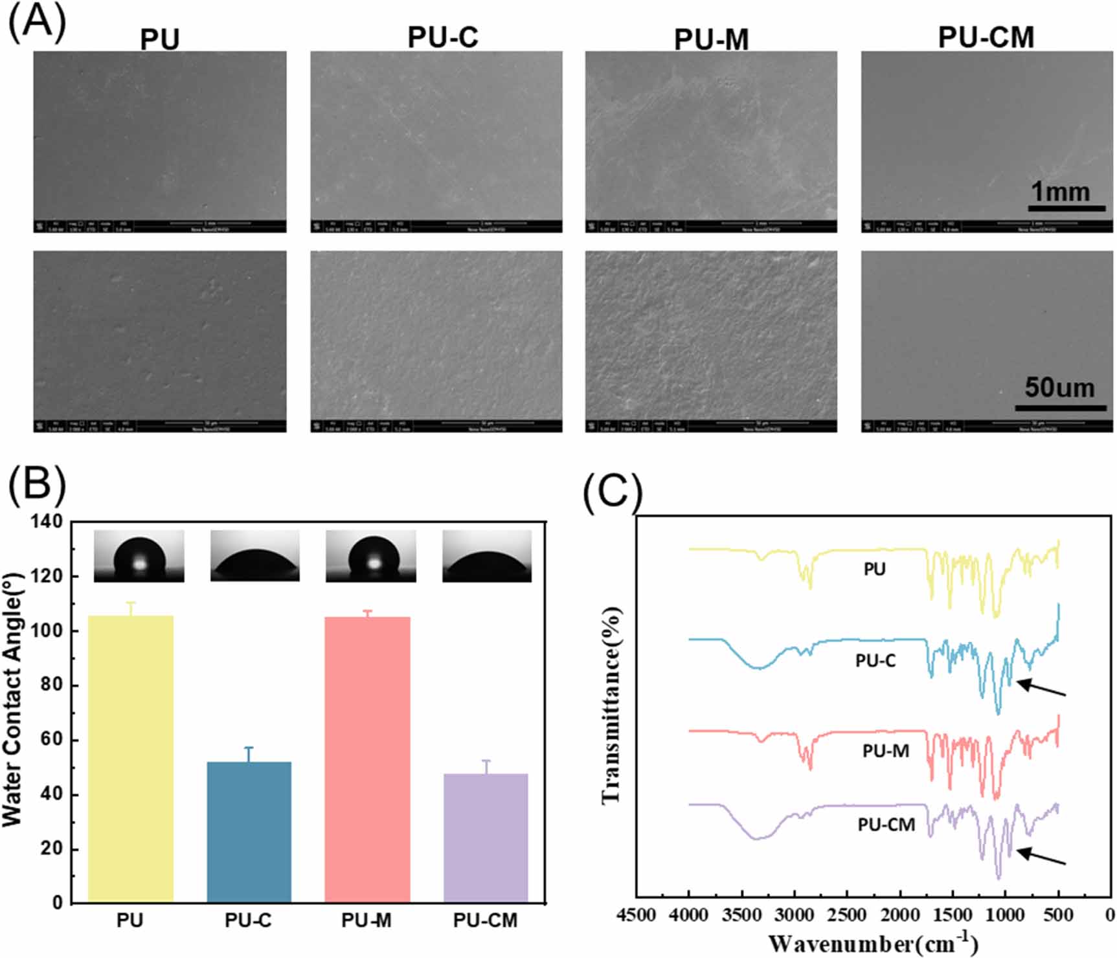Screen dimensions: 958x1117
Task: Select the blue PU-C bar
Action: (x=249, y=832)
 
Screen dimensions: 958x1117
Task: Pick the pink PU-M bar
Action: (x=367, y=759)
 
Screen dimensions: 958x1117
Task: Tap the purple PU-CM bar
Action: (x=486, y=838)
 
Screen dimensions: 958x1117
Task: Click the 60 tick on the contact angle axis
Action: (x=51, y=740)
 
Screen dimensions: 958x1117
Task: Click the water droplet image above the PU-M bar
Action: (x=370, y=556)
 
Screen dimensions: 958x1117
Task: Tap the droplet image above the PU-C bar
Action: (x=255, y=556)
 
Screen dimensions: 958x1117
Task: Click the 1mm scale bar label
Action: (x=1060, y=192)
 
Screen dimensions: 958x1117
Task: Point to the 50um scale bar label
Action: (x=1059, y=388)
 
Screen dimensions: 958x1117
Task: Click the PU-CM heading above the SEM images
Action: (x=986, y=38)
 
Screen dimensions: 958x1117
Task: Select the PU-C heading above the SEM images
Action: (x=443, y=38)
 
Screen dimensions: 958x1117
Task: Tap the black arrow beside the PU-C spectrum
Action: (x=1041, y=688)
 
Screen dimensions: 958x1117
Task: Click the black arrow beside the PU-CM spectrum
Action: (x=1041, y=856)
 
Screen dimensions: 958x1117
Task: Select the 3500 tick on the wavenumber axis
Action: (x=741, y=915)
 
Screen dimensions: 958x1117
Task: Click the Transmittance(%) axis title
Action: (x=611, y=706)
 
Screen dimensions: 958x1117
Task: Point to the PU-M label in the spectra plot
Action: (x=885, y=751)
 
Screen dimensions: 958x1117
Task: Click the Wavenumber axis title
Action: (x=874, y=943)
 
